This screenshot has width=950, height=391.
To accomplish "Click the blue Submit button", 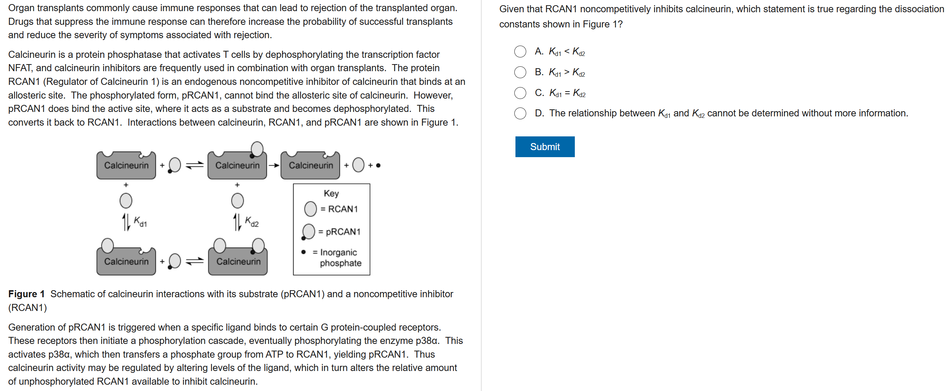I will [x=544, y=147].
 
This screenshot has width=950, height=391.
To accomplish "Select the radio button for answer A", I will [x=520, y=52].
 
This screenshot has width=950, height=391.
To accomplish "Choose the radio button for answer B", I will [x=520, y=72].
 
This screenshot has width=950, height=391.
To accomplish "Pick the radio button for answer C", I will [x=520, y=93].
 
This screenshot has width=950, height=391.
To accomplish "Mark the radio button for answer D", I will [x=520, y=113].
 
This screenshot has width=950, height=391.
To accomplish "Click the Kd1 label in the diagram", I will [x=140, y=222].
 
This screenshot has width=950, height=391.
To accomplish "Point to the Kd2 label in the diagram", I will [x=252, y=222].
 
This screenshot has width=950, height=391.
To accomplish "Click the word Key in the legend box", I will [x=331, y=193].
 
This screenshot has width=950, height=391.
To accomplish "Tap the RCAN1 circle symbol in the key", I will [x=310, y=209].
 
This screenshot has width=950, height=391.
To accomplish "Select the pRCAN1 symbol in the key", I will [x=308, y=232].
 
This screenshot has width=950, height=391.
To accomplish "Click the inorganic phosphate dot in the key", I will [x=304, y=252].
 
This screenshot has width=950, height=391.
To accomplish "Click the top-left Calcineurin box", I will [x=126, y=165].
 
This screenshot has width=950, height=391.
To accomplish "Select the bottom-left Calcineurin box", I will [x=126, y=262].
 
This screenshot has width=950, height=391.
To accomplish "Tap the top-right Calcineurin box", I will [x=311, y=165].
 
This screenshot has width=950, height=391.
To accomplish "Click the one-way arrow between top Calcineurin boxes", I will [x=274, y=165].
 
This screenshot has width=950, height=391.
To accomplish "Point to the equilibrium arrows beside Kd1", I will [x=126, y=222].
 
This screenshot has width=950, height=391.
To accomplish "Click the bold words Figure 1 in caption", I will [x=26, y=294].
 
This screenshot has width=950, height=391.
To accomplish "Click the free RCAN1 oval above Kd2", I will [x=237, y=201].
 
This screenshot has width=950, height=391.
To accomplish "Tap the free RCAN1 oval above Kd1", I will [x=126, y=201].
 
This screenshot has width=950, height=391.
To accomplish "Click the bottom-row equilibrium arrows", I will [x=194, y=261].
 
